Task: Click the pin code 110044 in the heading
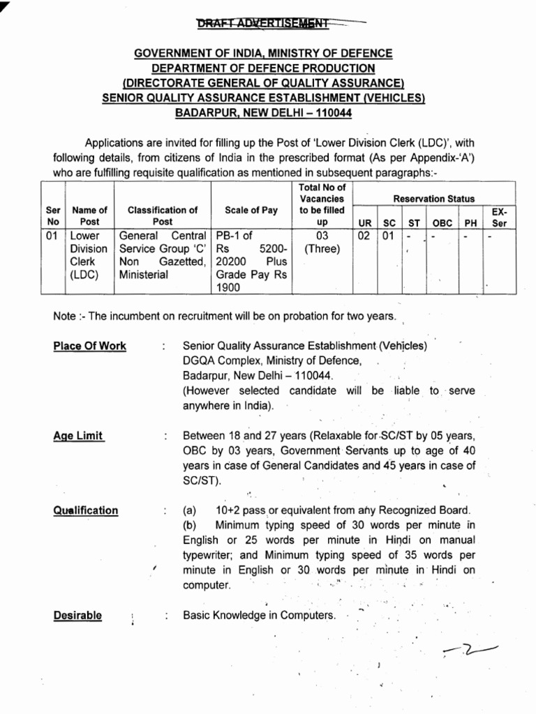(x=333, y=112)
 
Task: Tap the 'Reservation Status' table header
(x=433, y=199)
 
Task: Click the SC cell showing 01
(x=388, y=236)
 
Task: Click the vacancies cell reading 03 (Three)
(x=322, y=243)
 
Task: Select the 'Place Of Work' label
(x=89, y=346)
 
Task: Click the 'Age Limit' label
(x=78, y=436)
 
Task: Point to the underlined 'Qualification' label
(x=85, y=510)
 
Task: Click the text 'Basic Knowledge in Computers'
(x=259, y=616)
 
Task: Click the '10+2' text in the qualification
(x=230, y=510)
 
